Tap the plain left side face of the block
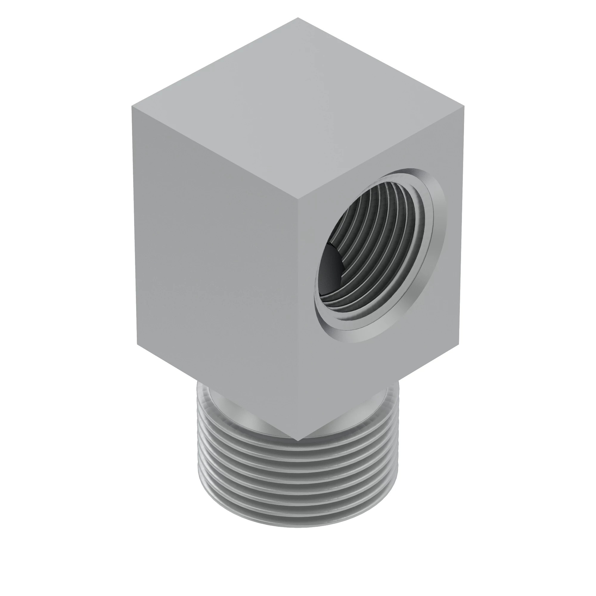coord(216,262)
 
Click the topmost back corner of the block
coord(298,18)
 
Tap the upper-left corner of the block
coord(132,106)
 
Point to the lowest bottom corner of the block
coord(298,440)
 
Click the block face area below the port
coord(370,370)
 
